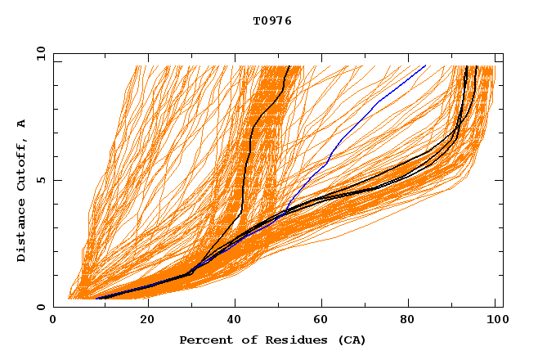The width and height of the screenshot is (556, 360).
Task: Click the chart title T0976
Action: click(x=272, y=21)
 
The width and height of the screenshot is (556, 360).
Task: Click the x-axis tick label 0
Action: click(x=53, y=320)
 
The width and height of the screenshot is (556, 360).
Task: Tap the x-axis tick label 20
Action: click(x=147, y=320)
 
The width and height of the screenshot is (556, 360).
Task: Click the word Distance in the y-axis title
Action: click(x=22, y=232)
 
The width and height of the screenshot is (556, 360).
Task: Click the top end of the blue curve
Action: click(x=425, y=66)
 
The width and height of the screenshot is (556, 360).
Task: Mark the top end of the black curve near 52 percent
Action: click(x=289, y=66)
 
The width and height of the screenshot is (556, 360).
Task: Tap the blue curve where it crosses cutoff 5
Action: click(x=313, y=180)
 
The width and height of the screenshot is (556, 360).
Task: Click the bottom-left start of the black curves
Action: click(x=97, y=298)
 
